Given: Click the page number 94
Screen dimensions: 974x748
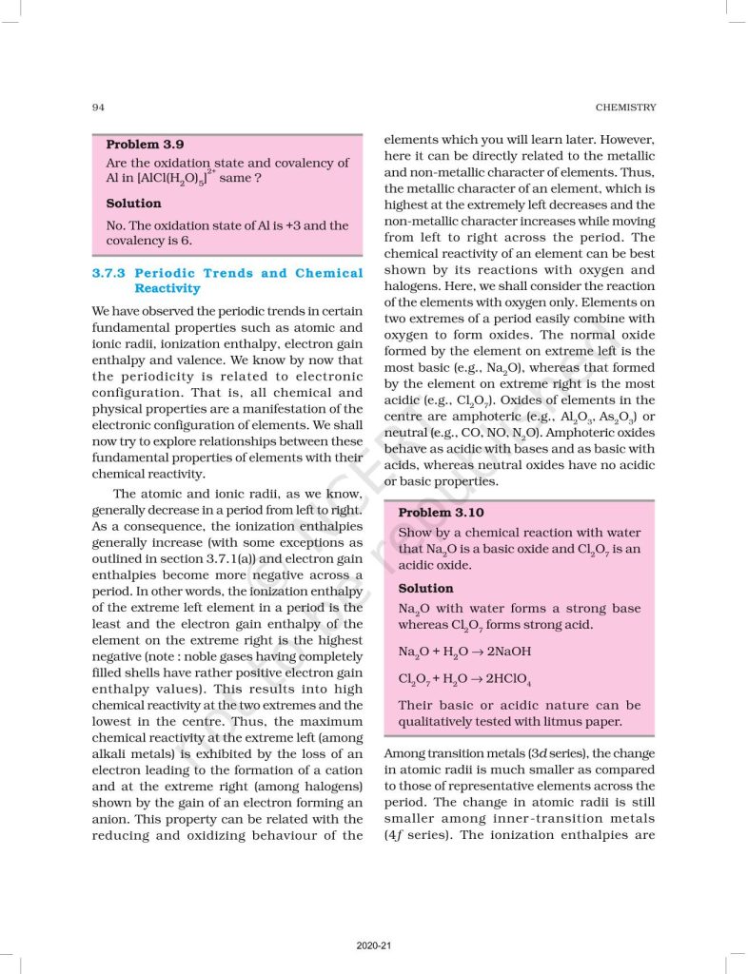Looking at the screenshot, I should point(98,107).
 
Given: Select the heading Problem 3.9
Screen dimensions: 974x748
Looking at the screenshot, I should point(145,145).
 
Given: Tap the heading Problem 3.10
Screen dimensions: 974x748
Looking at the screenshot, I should point(441,512).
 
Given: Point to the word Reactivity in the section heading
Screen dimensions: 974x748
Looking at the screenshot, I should point(167,288).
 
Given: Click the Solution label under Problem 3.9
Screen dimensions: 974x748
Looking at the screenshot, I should point(133,204).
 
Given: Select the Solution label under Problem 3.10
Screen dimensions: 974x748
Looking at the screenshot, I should point(425,588).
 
